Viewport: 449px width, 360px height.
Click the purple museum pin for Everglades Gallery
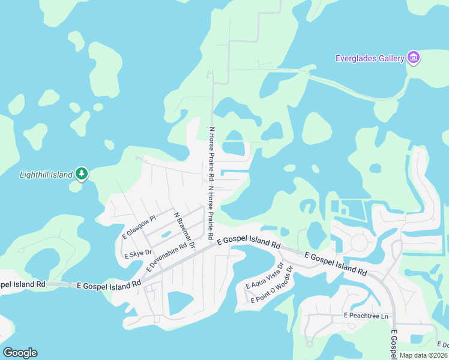tap(413, 58)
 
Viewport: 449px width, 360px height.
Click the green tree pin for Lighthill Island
tap(82, 174)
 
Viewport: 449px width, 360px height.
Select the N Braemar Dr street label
tap(184, 230)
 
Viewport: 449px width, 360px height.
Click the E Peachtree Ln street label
tap(367, 315)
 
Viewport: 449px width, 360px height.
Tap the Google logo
tap(20, 353)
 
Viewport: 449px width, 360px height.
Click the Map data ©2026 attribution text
tap(423, 355)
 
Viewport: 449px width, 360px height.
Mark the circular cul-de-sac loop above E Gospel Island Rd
tap(359, 242)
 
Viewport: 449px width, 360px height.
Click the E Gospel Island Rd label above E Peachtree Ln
tap(336, 264)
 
